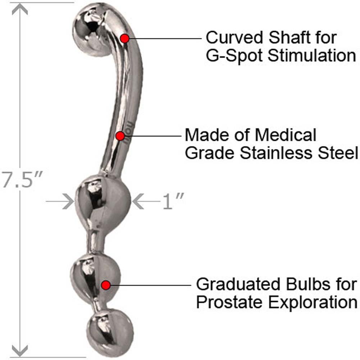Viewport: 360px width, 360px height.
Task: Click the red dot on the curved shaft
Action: coord(124,38)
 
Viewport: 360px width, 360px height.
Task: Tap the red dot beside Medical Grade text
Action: coord(120,136)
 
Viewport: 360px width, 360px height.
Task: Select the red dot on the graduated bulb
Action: coord(105,285)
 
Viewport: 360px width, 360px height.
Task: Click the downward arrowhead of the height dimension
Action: coord(20,350)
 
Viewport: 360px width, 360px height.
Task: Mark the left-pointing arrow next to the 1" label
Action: coord(139,202)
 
